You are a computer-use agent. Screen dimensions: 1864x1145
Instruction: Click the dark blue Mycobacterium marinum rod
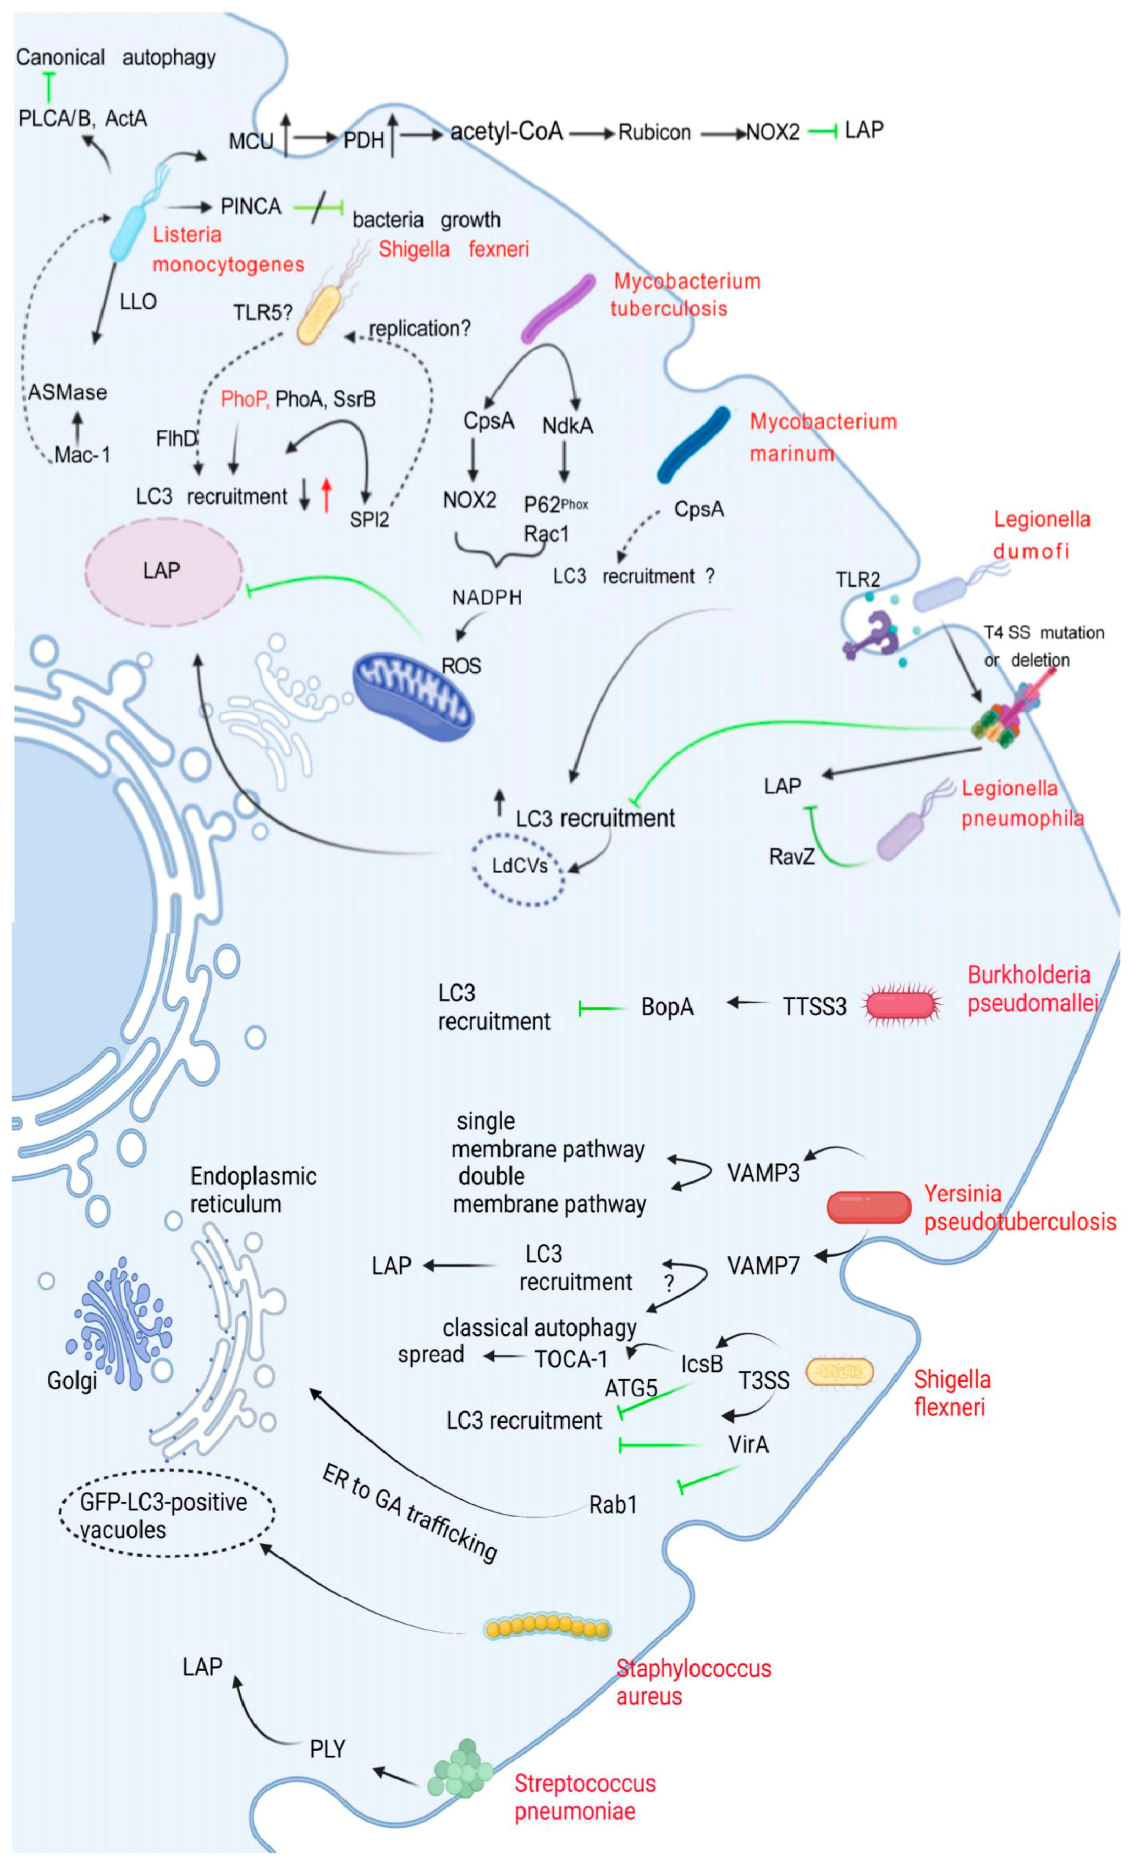point(694,445)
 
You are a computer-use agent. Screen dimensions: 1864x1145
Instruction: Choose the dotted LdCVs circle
point(519,869)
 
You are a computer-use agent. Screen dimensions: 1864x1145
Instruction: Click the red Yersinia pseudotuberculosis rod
point(869,1208)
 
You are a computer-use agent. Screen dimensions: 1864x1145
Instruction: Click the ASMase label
point(68,392)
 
